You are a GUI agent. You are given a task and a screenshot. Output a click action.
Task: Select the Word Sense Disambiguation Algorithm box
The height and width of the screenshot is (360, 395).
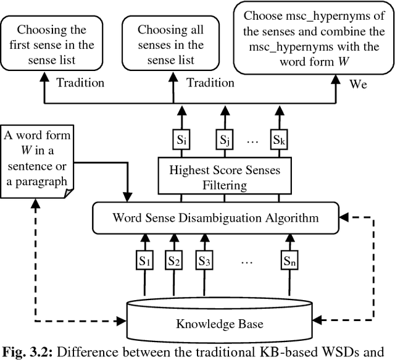coord(215,217)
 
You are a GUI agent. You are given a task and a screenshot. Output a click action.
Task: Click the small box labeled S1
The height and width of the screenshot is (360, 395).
coord(145,262)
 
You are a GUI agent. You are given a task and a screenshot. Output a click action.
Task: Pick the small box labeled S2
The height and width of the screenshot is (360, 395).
coord(173,262)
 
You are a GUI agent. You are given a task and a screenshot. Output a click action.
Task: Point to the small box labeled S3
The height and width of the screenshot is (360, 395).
coord(204,262)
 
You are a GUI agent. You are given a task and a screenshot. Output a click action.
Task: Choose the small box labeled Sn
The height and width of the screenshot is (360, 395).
coord(290,262)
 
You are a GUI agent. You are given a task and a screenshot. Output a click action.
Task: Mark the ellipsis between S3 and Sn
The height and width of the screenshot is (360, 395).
coord(246,262)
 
